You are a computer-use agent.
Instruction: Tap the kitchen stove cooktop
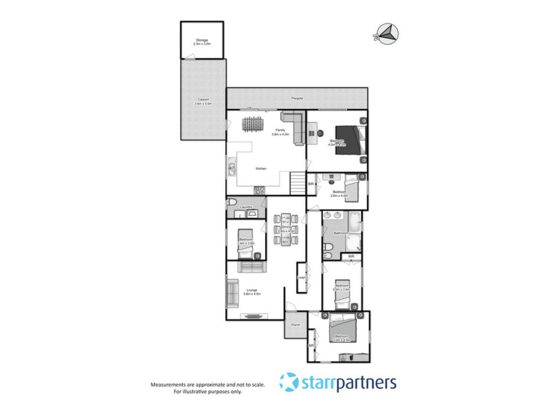click(260, 190)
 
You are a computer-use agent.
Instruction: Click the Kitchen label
click(261, 169)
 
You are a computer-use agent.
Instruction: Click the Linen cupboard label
click(301, 277)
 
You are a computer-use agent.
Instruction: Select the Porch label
click(295, 324)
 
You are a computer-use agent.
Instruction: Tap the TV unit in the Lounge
click(252, 316)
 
